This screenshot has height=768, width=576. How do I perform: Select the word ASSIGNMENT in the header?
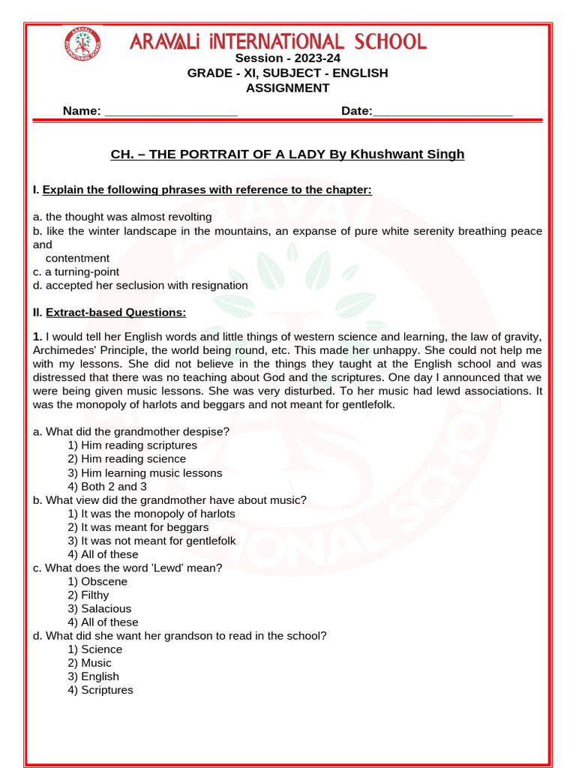[x=288, y=88]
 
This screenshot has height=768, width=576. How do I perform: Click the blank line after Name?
[x=171, y=111]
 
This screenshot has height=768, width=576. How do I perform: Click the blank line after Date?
[x=442, y=111]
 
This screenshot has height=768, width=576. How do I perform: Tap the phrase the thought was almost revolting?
[x=128, y=217]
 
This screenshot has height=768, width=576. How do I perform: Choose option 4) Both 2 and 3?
[x=107, y=487]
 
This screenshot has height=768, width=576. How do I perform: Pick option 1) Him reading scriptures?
[x=132, y=445]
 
